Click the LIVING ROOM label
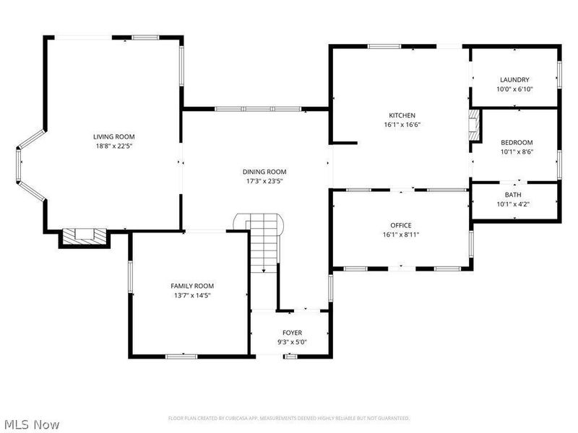[113, 136]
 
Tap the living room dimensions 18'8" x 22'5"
[113, 146]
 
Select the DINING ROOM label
[264, 172]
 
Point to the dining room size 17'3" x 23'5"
[264, 181]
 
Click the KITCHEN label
[402, 115]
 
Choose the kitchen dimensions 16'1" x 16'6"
[402, 125]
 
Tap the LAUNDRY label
[514, 79]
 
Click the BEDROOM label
[516, 142]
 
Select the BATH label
[513, 194]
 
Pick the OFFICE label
[400, 225]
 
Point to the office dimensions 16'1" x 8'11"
[400, 235]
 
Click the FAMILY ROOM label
[192, 286]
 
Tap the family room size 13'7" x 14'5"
[192, 295]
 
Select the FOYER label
[292, 333]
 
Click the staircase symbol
[264, 242]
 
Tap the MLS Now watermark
[31, 424]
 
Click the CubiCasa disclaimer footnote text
[289, 419]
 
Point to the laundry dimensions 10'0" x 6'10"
[514, 89]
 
